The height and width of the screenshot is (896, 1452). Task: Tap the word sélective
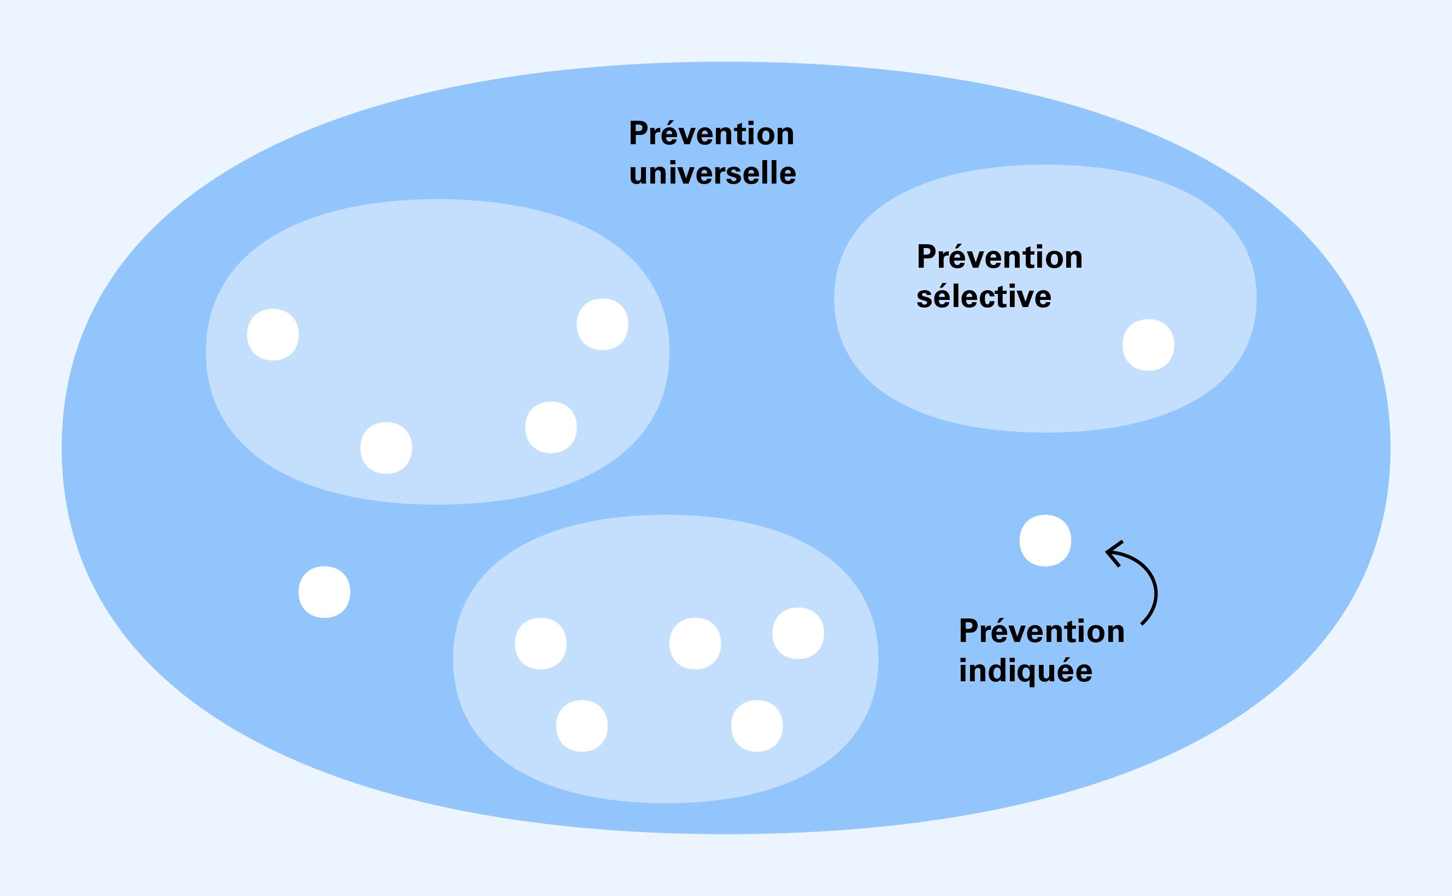point(984,296)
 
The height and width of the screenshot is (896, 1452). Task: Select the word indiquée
point(1025,671)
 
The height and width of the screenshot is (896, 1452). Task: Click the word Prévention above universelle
point(711,134)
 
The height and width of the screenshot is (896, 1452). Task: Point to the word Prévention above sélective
point(999,257)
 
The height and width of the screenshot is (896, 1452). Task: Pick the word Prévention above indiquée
point(1041,631)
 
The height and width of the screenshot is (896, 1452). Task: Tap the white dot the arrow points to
point(1045,540)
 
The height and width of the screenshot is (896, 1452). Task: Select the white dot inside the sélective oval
point(1148,345)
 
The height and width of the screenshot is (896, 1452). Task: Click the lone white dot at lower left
point(324,592)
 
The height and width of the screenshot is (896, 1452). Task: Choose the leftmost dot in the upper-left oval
point(273,334)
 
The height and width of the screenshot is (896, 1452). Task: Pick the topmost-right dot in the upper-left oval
point(602,324)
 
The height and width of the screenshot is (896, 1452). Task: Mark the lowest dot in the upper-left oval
point(386,448)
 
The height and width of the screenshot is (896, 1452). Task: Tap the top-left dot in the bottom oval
point(540,644)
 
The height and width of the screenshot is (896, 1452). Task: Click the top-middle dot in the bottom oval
point(695,644)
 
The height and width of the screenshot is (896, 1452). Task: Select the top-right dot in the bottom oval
point(798,633)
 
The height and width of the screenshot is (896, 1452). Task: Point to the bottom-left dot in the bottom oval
point(581,726)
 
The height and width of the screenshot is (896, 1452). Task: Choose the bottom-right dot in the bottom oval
point(757,726)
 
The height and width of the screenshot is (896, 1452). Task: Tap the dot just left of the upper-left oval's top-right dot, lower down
point(550,427)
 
